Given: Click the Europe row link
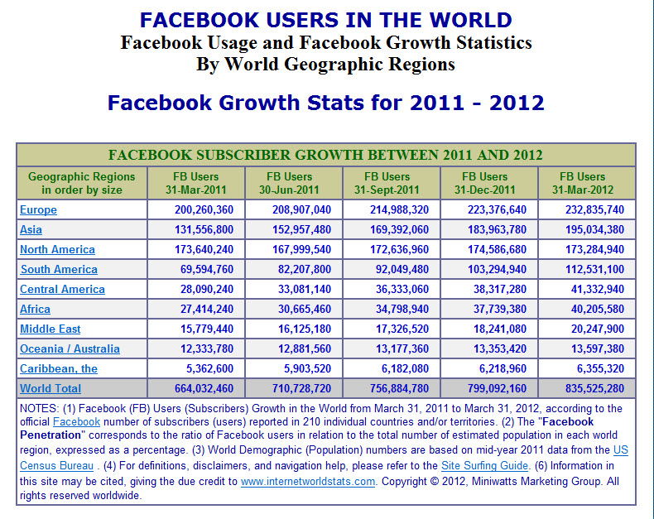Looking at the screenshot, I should tap(38, 210).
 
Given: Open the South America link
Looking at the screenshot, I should tap(58, 270).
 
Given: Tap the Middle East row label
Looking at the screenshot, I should tap(51, 329).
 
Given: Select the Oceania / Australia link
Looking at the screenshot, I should tap(70, 349).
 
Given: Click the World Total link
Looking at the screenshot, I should tap(50, 388).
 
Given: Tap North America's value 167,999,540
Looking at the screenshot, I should tap(301, 250).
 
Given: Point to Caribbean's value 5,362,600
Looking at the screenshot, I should tap(204, 368).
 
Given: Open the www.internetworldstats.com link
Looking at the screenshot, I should tap(308, 481).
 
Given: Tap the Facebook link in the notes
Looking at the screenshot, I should tap(76, 422).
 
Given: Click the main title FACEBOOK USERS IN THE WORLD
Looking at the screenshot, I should tap(326, 20).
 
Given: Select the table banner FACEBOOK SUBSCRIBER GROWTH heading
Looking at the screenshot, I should tap(326, 155).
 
